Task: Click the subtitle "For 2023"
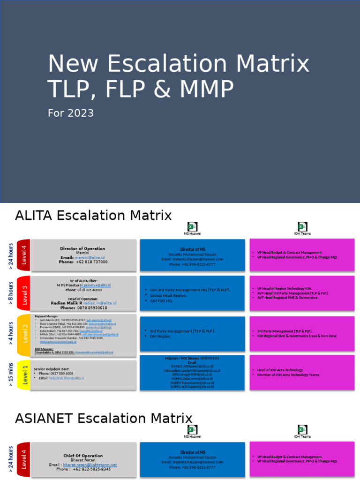(71, 113)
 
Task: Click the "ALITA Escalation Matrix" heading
(93, 216)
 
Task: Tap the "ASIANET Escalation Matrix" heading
(104, 418)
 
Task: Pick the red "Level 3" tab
(23, 293)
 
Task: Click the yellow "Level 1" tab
(24, 375)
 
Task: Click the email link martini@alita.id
(90, 257)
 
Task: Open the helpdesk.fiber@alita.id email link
(67, 378)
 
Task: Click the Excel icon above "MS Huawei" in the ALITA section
(192, 226)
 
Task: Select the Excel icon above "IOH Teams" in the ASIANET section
(302, 429)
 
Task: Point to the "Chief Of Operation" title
(83, 456)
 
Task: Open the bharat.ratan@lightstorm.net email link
(90, 465)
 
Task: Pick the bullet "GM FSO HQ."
(161, 301)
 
